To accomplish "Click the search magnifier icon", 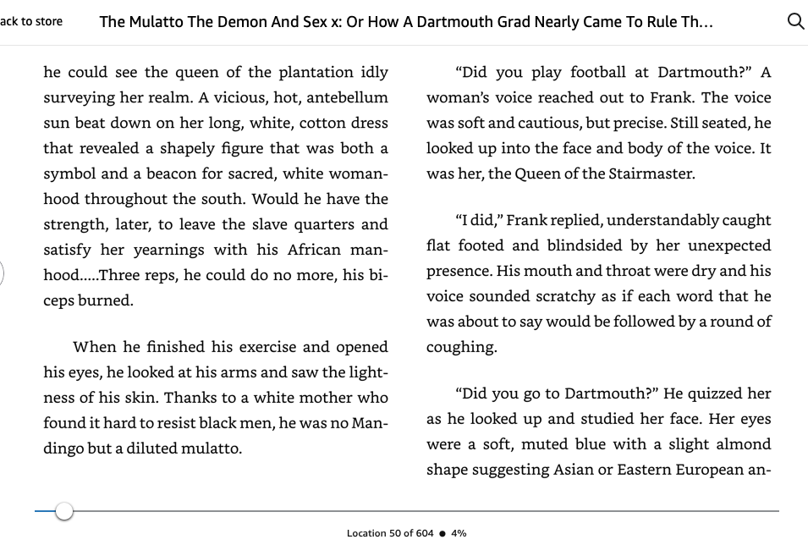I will pyautogui.click(x=795, y=22).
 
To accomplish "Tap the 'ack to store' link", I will pyautogui.click(x=31, y=21).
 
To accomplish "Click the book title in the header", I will pyautogui.click(x=406, y=22).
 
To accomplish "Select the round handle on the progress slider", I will pyautogui.click(x=64, y=511).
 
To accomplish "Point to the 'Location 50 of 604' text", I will pyautogui.click(x=390, y=533).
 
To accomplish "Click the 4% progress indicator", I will pyautogui.click(x=459, y=533).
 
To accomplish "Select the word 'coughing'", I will pyautogui.click(x=461, y=347).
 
